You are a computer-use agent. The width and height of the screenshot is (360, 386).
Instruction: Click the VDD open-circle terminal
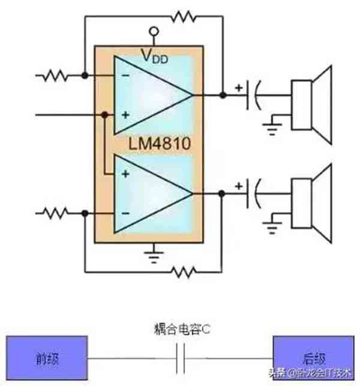(x=154, y=31)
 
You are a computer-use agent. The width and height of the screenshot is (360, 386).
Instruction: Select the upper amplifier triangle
(x=150, y=95)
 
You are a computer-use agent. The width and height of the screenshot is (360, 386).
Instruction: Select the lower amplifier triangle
(x=150, y=194)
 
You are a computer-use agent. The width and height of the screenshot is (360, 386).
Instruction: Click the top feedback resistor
(x=183, y=17)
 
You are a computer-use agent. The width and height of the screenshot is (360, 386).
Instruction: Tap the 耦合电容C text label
(x=180, y=330)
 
